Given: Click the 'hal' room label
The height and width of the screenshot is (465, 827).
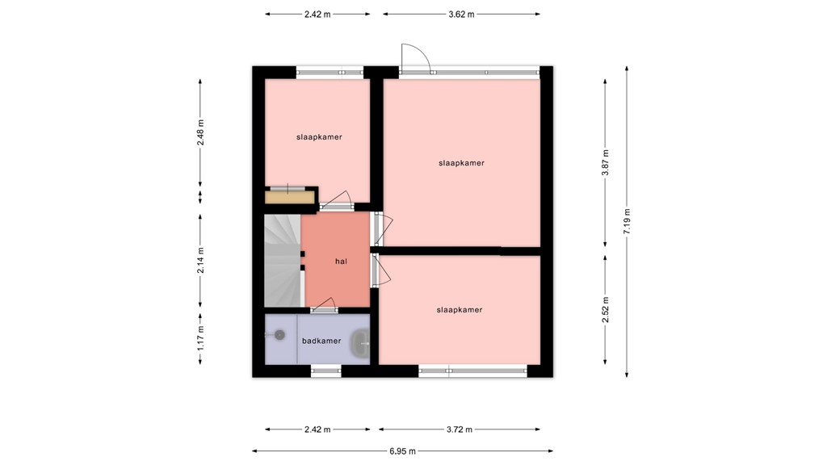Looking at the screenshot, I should click(x=342, y=261).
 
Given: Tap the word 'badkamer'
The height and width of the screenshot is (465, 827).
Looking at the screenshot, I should click(x=321, y=341).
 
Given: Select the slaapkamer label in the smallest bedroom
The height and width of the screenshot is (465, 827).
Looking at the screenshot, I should click(x=318, y=137).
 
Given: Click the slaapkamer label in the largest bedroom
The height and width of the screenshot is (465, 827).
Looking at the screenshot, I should click(x=461, y=163).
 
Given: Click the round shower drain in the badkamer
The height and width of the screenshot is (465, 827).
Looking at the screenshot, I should click(x=279, y=334).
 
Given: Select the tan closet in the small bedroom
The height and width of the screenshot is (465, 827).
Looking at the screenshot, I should click(x=289, y=196).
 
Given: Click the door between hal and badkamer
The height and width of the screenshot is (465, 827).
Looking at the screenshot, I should click(x=325, y=307).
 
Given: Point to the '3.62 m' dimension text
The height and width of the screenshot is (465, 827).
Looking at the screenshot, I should click(x=461, y=14).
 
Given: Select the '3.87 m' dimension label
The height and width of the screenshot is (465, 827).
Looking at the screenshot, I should click(x=605, y=163).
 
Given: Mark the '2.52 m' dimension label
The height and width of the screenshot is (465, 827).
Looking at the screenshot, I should click(x=605, y=309).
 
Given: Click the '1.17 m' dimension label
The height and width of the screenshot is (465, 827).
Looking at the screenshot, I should click(x=201, y=339).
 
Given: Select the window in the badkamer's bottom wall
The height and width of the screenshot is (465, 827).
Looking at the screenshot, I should click(x=325, y=371).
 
